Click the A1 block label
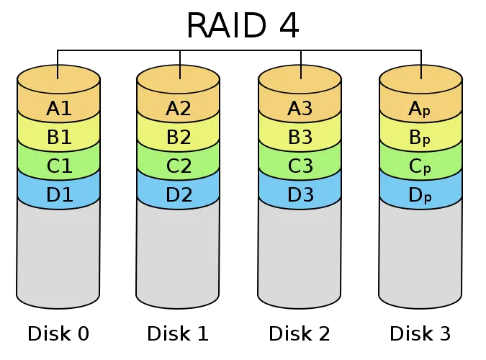[58, 109]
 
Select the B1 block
[58, 138]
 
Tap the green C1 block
[58, 166]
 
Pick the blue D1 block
[58, 194]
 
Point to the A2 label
[178, 109]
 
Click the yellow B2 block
[178, 138]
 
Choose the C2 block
[178, 166]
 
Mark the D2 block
[178, 194]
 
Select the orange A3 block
[300, 109]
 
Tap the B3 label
[300, 138]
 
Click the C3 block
[300, 166]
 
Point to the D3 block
[300, 194]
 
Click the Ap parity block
[420, 109]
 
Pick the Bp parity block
[420, 138]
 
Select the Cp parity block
[420, 166]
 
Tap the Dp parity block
[420, 194]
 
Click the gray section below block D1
[58, 252]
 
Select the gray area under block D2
[178, 252]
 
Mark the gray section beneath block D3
[300, 252]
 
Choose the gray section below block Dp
[420, 252]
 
